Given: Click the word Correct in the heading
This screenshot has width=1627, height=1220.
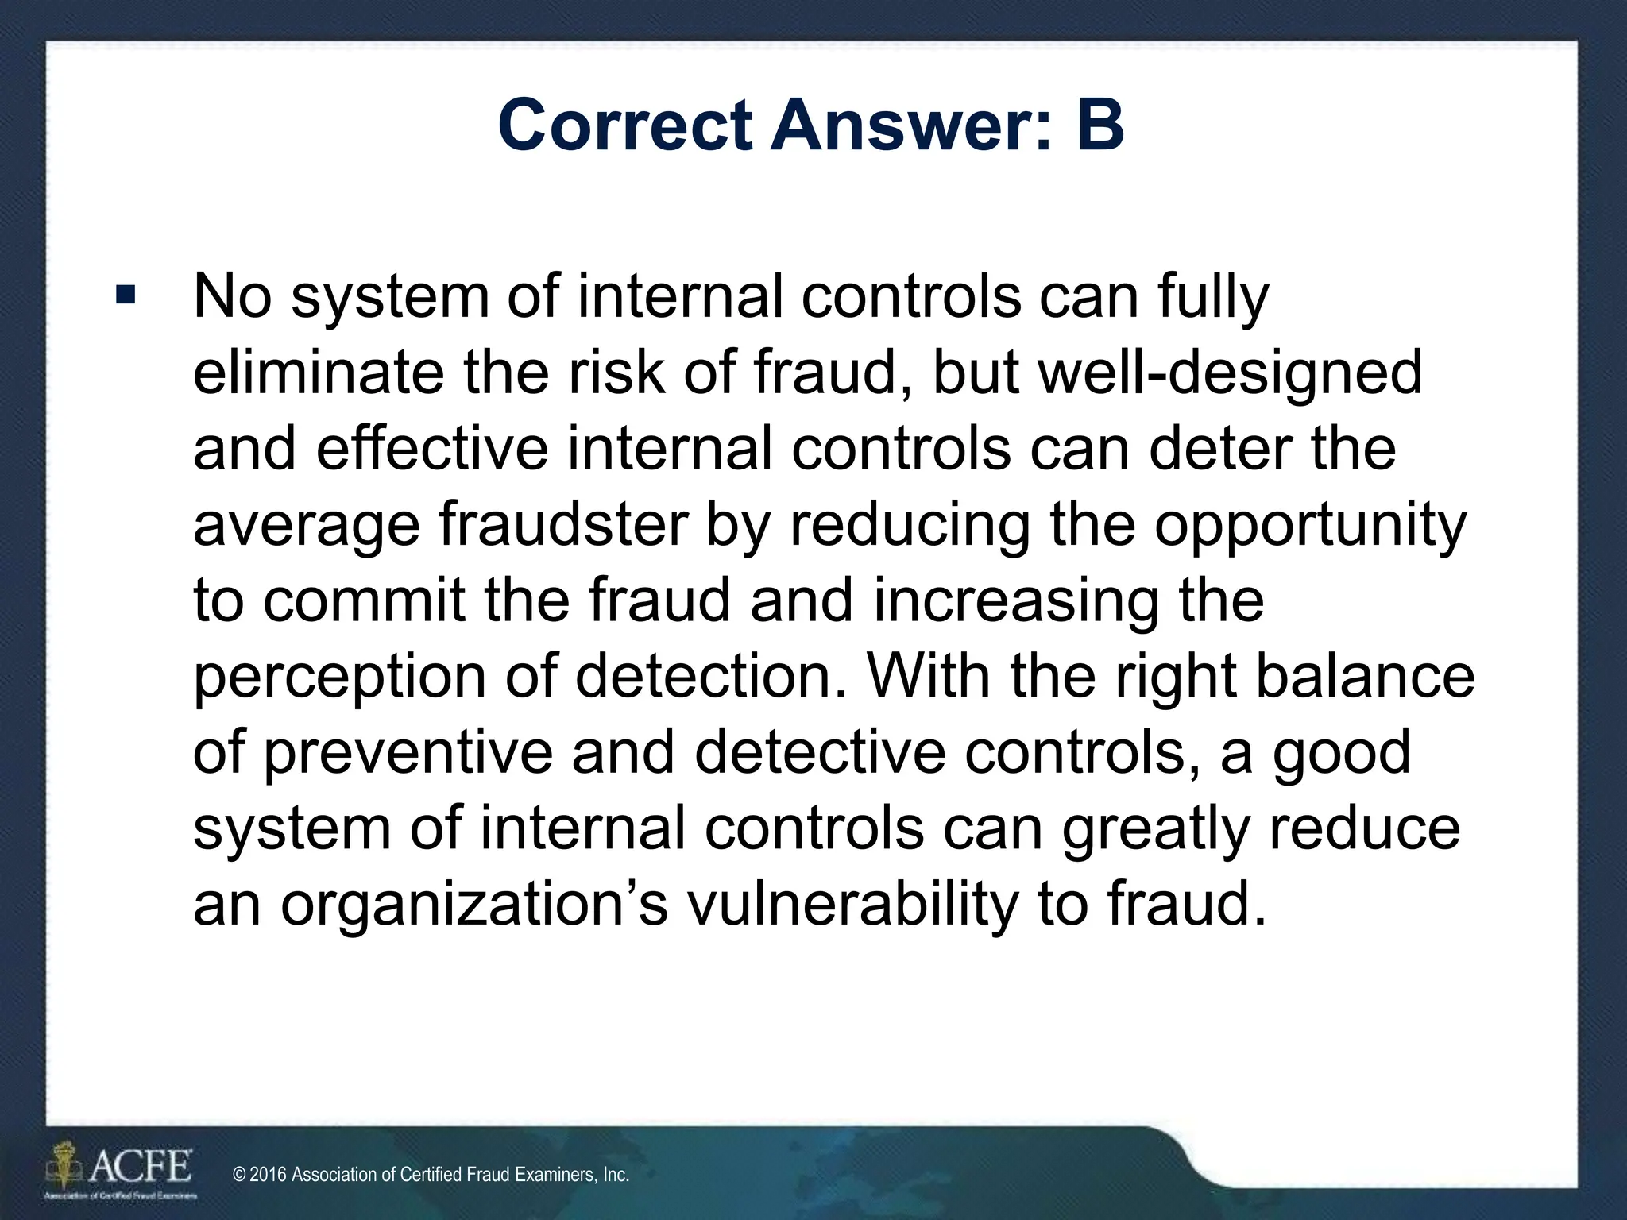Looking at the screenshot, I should pos(624,125).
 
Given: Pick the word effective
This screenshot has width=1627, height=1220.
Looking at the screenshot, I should pos(432,449).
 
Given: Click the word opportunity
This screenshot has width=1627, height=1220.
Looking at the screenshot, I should pos(1310,527).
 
